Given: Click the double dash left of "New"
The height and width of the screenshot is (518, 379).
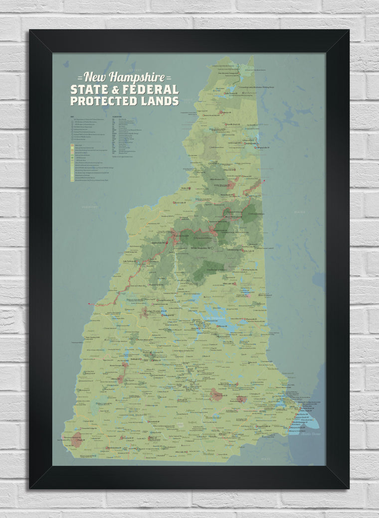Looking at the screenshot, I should (x=80, y=78).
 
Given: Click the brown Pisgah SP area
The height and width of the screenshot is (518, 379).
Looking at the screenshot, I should (x=76, y=440).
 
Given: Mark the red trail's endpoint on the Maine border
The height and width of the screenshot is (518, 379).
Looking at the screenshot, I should (x=263, y=180).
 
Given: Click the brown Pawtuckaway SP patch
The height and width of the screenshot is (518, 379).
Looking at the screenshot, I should (x=241, y=399).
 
